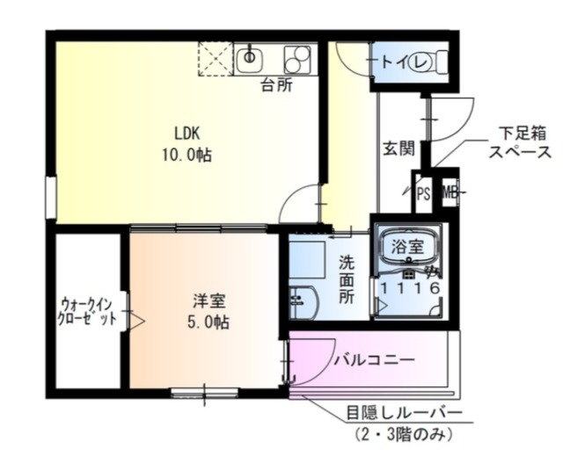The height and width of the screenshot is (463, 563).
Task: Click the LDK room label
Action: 186,135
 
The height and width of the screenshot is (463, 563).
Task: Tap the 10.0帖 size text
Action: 186,156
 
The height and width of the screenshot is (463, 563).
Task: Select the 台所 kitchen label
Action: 276,85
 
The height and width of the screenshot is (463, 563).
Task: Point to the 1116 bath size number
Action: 409,286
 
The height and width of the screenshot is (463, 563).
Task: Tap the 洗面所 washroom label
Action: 347,278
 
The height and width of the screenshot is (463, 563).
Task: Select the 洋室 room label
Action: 208,300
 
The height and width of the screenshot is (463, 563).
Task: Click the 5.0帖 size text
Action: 208,322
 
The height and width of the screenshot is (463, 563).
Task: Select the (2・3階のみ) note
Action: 404,434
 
